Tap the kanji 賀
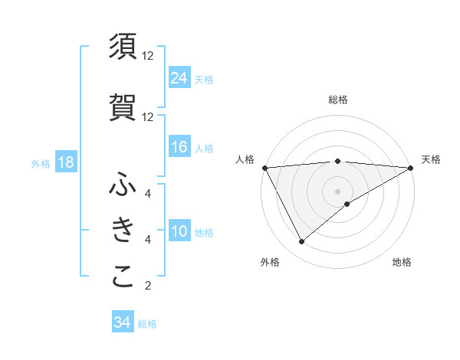123,107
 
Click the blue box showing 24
179,77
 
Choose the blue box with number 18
65,162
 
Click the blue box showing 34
122,322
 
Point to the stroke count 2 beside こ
148,286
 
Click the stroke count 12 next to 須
148,55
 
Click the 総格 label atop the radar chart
337,100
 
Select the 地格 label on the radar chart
402,262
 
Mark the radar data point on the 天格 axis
411,167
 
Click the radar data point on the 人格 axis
264,167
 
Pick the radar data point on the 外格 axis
301,242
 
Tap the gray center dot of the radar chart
337,191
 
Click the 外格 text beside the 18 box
40,163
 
